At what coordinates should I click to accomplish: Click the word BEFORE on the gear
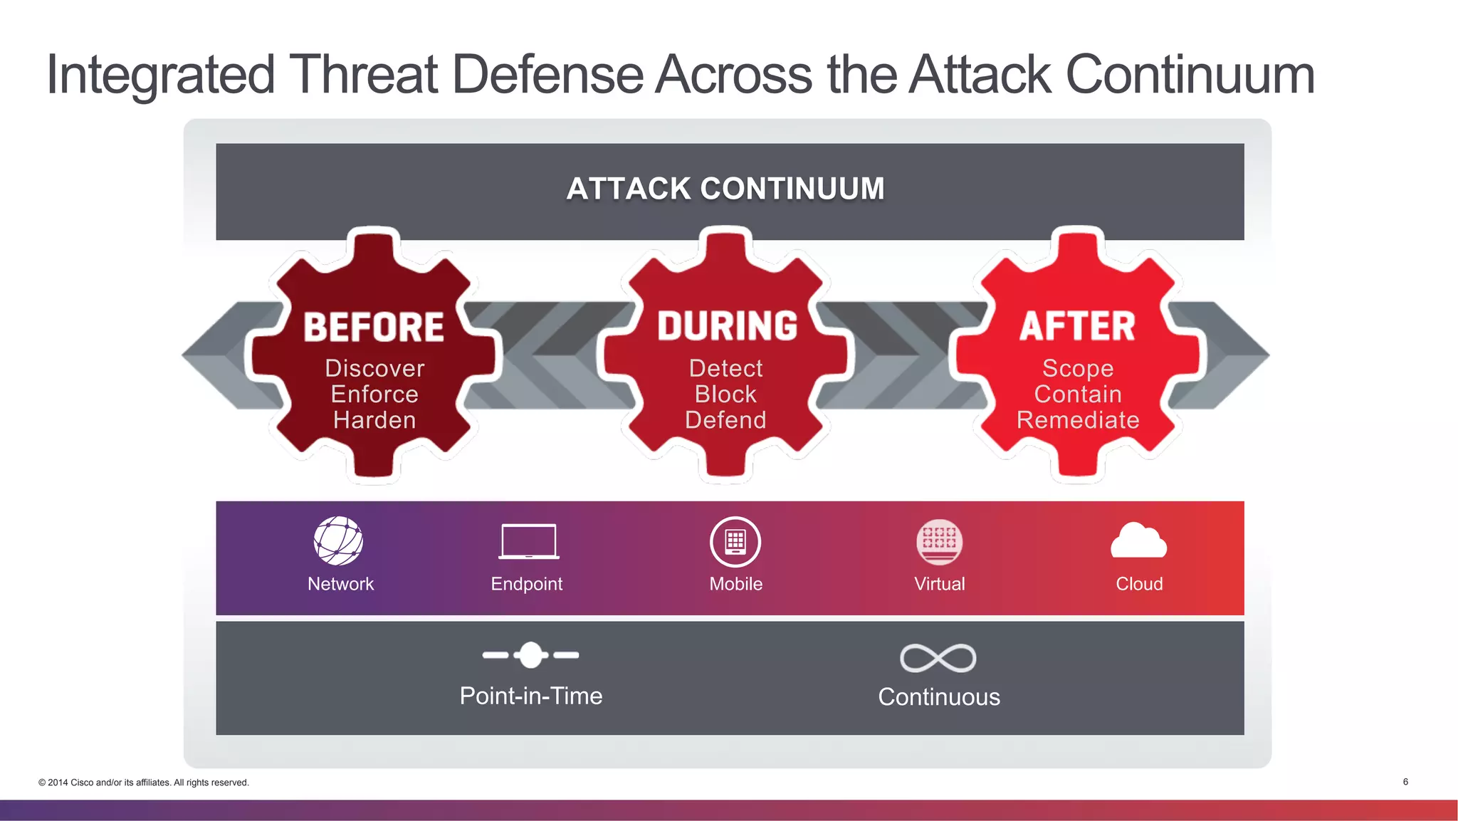tap(374, 328)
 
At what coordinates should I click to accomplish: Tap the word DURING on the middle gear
tap(727, 326)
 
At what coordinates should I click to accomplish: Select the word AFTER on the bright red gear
tap(1077, 326)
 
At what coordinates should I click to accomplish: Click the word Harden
tap(374, 420)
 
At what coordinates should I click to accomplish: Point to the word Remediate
tap(1078, 420)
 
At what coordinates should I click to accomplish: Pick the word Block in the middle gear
tap(725, 394)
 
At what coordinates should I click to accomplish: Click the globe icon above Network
tap(339, 541)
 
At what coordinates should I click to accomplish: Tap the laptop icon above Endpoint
tap(528, 542)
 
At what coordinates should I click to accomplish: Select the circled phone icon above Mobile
tap(735, 542)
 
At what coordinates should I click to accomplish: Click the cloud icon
tap(1138, 541)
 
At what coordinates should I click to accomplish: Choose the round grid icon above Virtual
tap(939, 542)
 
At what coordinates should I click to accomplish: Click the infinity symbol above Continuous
tap(938, 658)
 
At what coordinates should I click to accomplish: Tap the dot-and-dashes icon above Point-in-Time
tap(530, 655)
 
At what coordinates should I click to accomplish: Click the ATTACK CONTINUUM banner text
tap(725, 189)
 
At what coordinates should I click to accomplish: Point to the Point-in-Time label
tap(531, 696)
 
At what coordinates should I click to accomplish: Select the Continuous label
tap(939, 697)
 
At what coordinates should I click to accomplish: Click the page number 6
tap(1405, 782)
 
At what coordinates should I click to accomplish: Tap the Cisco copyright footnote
tap(144, 783)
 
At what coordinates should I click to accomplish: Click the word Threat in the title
tap(363, 75)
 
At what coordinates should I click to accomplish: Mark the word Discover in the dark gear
tap(374, 368)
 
